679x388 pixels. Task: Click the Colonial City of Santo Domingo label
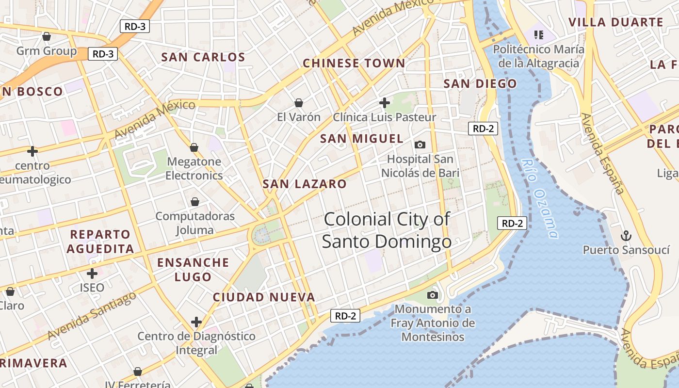[x=387, y=230]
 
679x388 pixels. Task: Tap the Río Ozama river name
[x=540, y=199]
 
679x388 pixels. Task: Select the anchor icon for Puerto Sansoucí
[x=626, y=236]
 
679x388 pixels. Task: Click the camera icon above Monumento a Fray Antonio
[x=432, y=295]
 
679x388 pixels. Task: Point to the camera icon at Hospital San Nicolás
[x=420, y=145]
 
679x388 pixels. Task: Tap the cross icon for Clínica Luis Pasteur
[x=385, y=103]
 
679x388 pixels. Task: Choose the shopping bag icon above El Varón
[x=299, y=103]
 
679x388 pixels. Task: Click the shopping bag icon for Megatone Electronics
[x=194, y=147]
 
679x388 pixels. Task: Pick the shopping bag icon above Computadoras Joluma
[x=195, y=202]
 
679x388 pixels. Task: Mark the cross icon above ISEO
[x=92, y=274]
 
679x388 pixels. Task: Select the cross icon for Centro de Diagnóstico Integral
[x=196, y=322]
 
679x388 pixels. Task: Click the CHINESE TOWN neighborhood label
[x=354, y=63]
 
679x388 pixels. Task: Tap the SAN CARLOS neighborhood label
[x=203, y=57]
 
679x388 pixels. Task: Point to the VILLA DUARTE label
[x=615, y=22]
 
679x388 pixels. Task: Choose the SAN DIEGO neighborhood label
[x=480, y=83]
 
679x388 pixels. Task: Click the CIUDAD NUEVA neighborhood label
[x=264, y=297]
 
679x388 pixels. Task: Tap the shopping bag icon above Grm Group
[x=47, y=36]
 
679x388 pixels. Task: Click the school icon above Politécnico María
[x=538, y=34]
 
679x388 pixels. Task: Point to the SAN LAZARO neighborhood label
[x=305, y=184]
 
